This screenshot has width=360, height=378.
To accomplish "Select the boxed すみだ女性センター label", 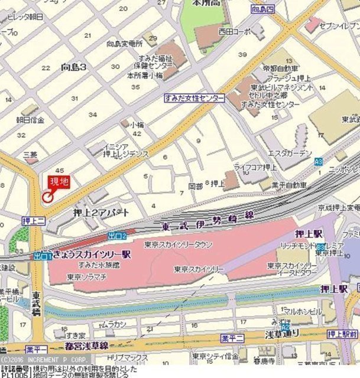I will point(194,99).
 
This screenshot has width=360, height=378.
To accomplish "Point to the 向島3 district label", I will point(73,68).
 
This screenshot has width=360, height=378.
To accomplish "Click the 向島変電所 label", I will point(125,44).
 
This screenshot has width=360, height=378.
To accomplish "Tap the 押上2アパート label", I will point(101,212).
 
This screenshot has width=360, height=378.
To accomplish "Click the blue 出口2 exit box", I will point(117,236).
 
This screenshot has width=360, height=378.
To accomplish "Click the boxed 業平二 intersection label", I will point(233,338).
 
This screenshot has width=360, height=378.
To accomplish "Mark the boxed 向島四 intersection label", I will point(262,9).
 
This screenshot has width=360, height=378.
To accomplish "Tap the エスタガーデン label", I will point(290,154).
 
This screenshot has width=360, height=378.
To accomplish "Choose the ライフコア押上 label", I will point(255,167).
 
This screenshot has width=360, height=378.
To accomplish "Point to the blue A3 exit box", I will point(319,161).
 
